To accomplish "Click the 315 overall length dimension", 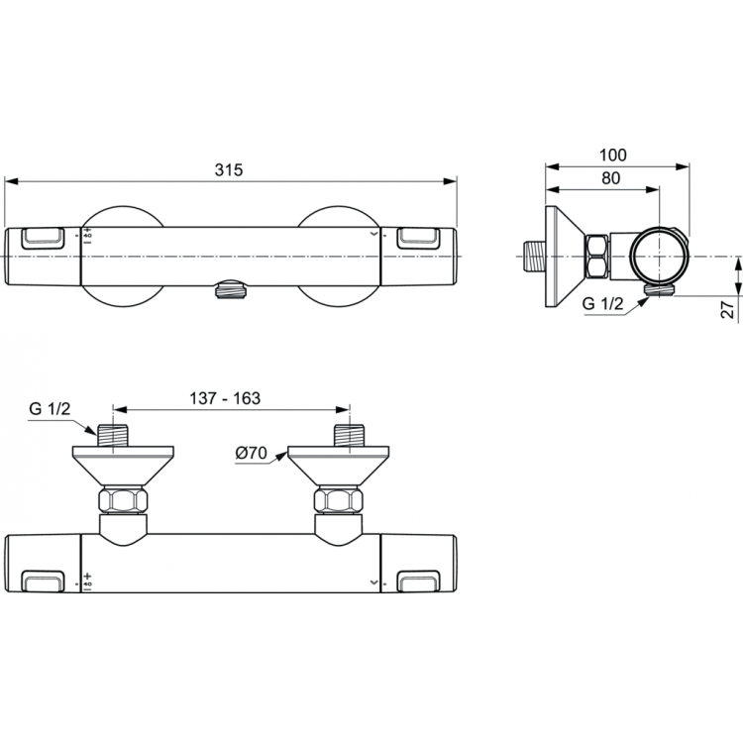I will click(230, 169).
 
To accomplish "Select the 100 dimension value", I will click(613, 156).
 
